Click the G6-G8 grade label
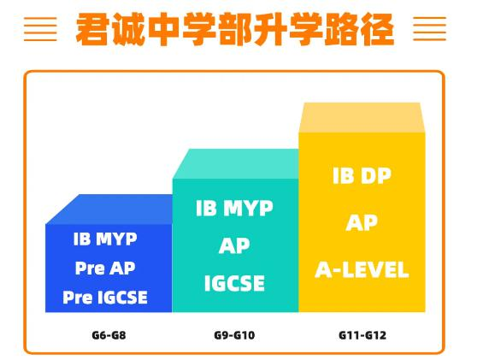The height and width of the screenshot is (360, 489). (x=109, y=335)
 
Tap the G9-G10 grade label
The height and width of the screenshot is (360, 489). (x=234, y=335)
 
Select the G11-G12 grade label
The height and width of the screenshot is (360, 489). (x=362, y=335)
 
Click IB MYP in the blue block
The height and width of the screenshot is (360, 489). (x=105, y=239)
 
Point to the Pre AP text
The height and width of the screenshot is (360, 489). (x=105, y=268)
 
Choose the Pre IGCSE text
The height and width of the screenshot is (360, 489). (x=105, y=298)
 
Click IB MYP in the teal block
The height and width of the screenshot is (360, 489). (x=234, y=208)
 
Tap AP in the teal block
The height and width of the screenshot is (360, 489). (x=234, y=245)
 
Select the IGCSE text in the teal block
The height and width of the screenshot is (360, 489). (x=234, y=283)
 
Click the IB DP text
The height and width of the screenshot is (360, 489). (x=362, y=175)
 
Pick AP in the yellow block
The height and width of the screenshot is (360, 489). (x=362, y=222)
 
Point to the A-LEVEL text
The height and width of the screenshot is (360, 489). (x=362, y=269)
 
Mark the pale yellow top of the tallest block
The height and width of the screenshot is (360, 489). (x=362, y=118)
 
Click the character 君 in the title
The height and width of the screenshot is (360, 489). (x=93, y=30)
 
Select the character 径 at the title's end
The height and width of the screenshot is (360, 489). (x=377, y=30)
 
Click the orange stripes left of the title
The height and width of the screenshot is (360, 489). (x=40, y=29)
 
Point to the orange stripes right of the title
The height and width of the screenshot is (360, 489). (x=430, y=29)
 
